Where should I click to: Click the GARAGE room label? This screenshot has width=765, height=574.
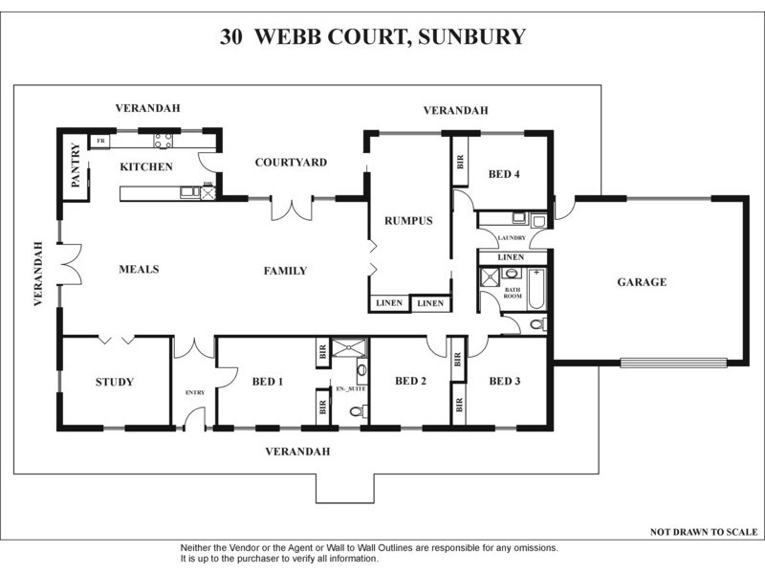coord(641,282)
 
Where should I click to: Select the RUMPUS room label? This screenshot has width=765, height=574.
coord(409,220)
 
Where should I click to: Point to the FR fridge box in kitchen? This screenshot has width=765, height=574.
coord(99,142)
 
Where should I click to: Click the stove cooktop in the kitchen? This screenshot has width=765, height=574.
coord(163,142)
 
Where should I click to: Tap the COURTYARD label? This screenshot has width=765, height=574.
coord(291,163)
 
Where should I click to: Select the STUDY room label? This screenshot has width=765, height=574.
coord(114,383)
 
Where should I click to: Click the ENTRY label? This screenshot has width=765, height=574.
coord(195,393)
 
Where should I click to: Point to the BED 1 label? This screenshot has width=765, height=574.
coord(268,382)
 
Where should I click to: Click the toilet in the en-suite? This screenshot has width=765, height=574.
coord(356,412)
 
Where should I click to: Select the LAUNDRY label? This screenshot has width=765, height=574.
coord(511,238)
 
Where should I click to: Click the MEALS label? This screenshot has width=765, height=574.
coord(140,269)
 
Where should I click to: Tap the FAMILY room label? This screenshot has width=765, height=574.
coord(285,271)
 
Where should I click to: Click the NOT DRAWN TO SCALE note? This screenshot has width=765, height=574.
coord(703,531)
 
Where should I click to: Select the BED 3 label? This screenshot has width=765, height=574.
coord(505,382)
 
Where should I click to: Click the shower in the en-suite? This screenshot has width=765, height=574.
coord(348,347)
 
